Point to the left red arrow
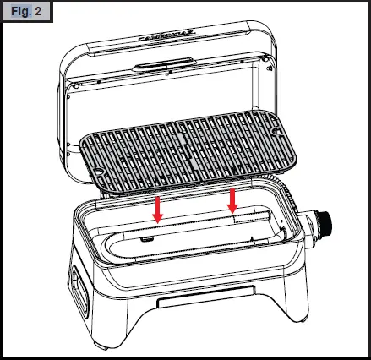coord(156,208)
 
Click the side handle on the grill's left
coord(79,286)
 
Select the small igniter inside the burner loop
coord(149,240)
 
